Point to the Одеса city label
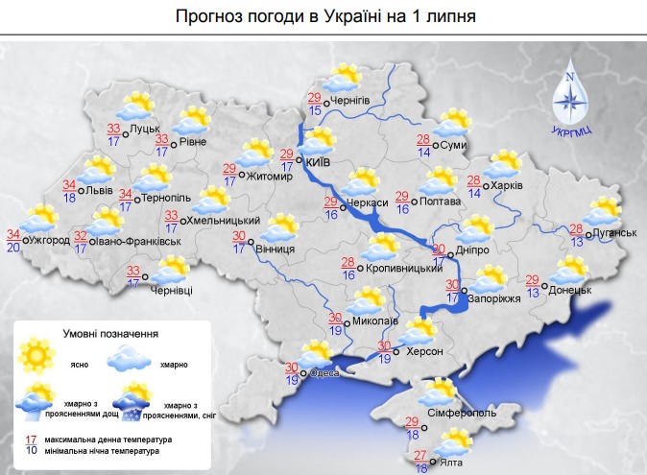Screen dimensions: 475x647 point(323,374)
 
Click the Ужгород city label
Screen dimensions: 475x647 point(50,240)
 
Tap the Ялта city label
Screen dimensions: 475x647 point(446,463)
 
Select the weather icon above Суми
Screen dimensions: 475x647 point(451,124)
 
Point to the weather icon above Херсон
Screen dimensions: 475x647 point(419,332)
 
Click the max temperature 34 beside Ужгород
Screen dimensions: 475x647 point(12,235)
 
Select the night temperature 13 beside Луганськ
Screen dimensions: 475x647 point(577,242)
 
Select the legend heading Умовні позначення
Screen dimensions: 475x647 point(114,334)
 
